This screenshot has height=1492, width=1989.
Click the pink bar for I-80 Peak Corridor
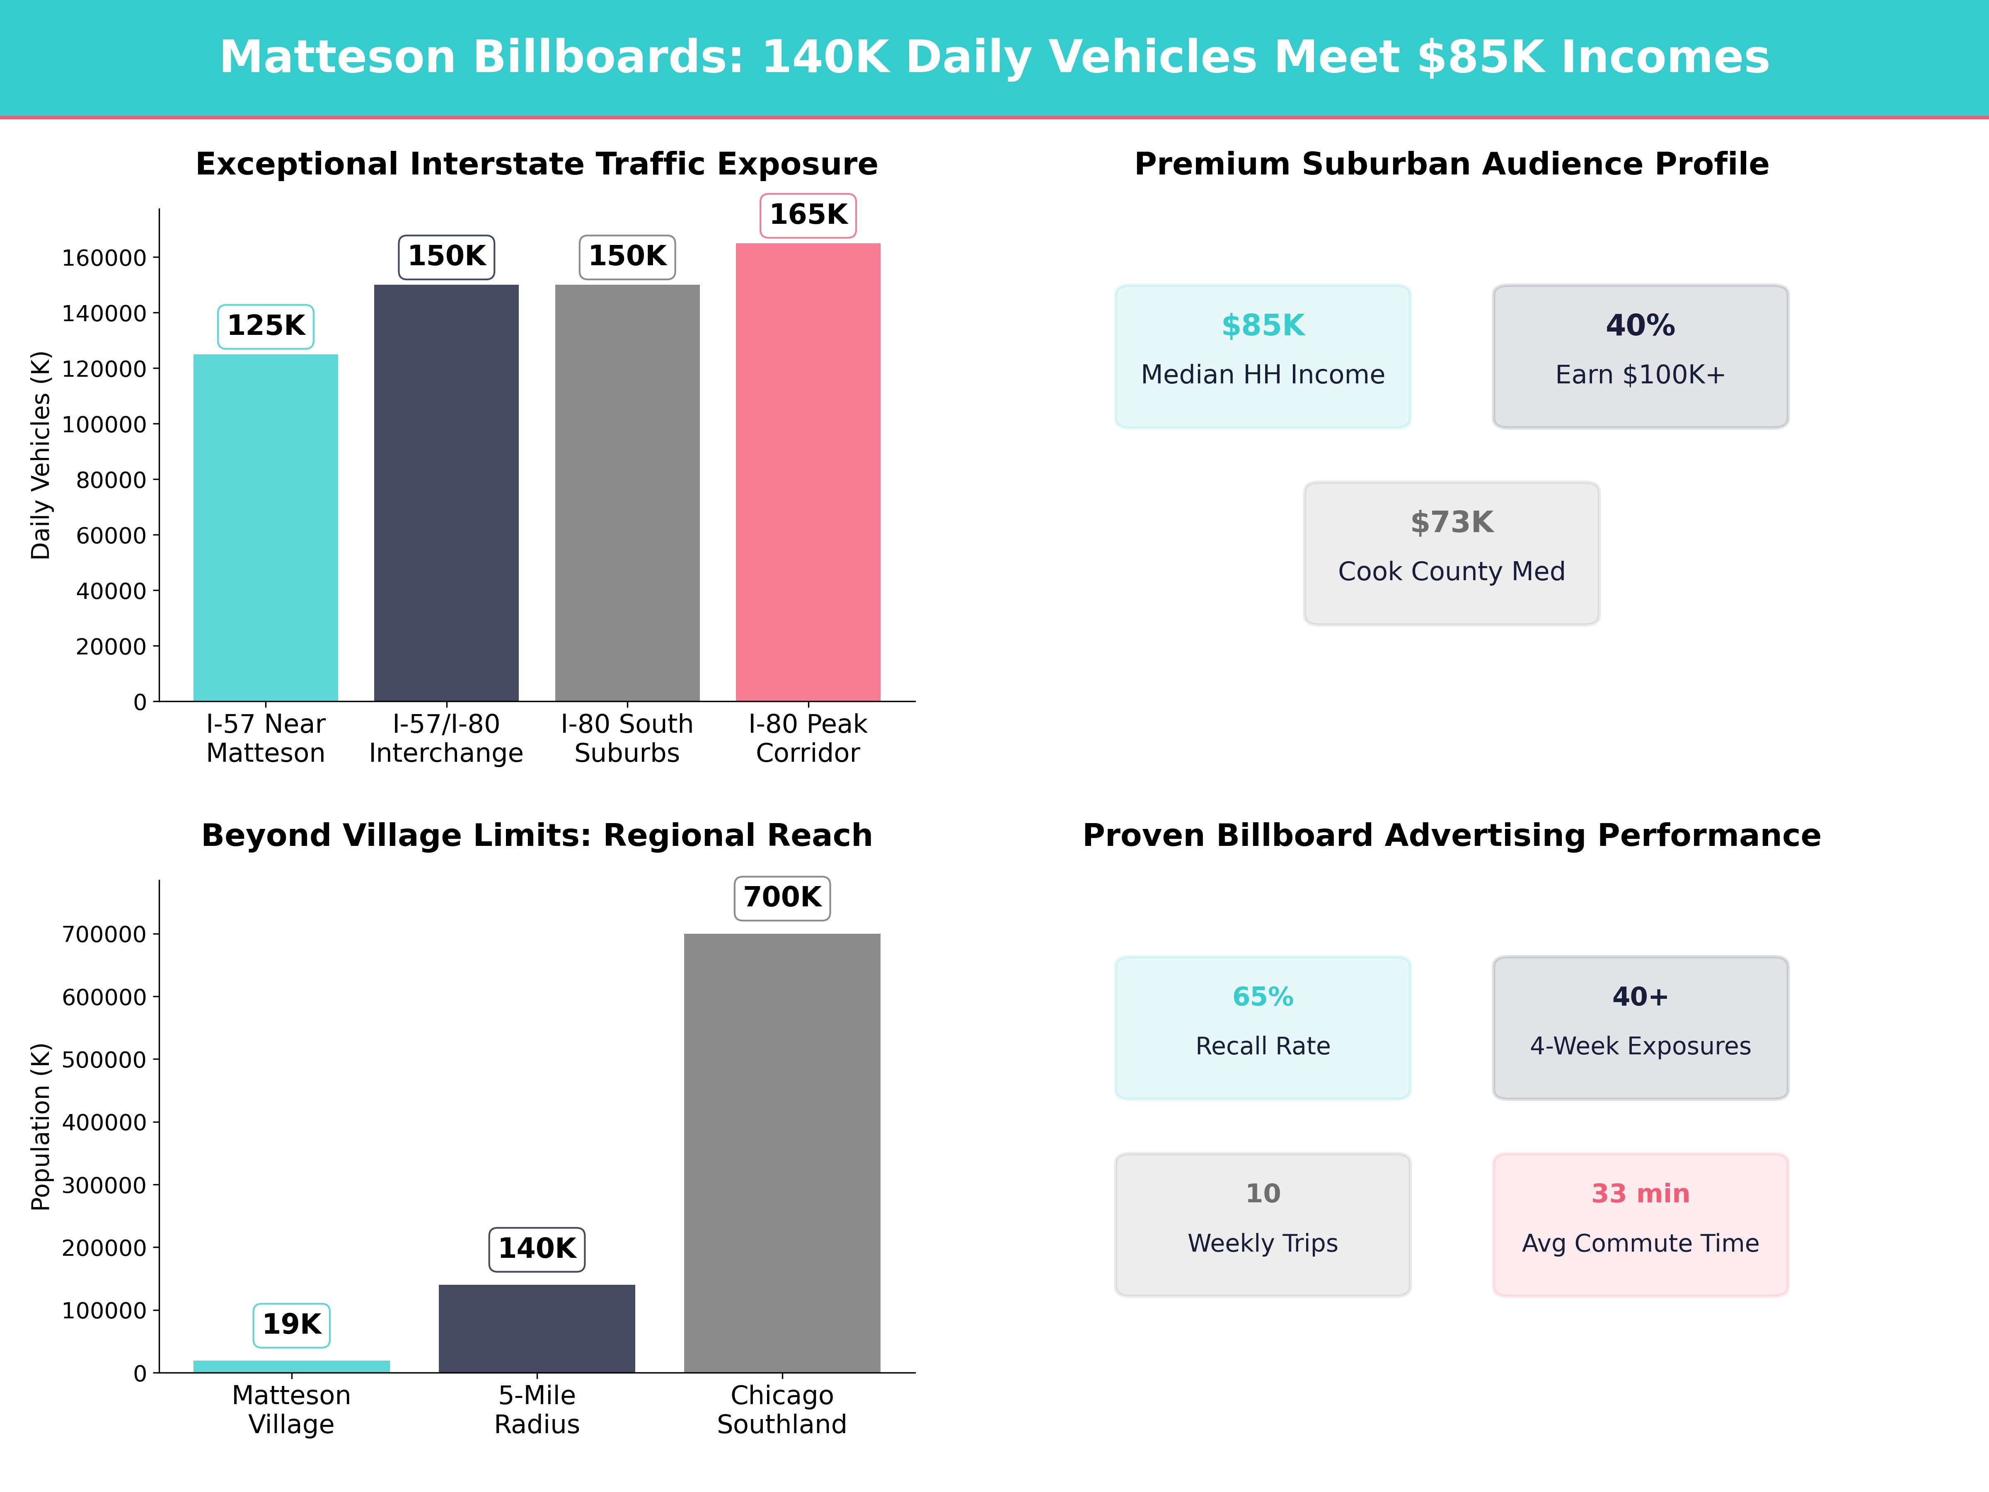808,472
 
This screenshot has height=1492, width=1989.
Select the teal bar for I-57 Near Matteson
265,528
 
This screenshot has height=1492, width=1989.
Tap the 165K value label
808,215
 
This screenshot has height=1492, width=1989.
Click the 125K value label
265,326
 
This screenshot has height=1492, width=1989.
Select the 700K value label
782,898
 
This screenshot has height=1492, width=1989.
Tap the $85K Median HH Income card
1263,356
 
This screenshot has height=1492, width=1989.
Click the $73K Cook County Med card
1451,553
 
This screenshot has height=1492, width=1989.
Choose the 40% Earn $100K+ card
1640,356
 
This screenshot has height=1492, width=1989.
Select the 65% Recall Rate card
1263,1027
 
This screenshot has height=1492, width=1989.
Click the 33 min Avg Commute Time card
1640,1224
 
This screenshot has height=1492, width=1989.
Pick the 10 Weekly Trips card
1263,1224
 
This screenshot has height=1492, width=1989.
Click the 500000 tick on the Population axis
104,1059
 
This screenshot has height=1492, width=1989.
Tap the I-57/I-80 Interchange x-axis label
446,739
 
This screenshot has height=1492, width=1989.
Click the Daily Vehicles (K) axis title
41,455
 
